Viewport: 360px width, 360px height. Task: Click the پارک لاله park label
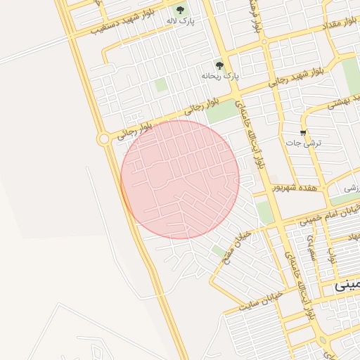181,22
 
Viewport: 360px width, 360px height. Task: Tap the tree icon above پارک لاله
181,10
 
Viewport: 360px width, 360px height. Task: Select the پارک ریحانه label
220,75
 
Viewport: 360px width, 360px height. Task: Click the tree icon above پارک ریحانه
219,64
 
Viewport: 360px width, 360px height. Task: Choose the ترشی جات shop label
303,143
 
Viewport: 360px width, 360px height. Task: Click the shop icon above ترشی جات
303,132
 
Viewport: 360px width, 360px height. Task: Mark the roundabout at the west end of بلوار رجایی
104,139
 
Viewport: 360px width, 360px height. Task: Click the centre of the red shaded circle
180,179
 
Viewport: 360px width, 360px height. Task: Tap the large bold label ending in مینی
347,285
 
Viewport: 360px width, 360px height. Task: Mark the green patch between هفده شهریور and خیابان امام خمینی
264,211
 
